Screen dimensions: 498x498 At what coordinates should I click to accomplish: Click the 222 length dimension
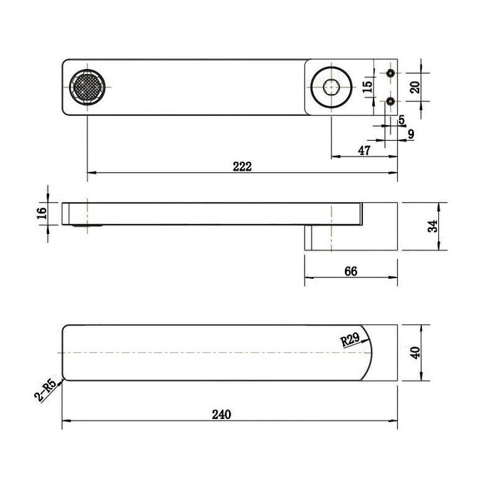(x=242, y=166)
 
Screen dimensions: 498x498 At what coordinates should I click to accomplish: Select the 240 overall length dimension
(x=221, y=415)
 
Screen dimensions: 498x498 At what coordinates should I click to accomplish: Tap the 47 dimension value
(x=364, y=151)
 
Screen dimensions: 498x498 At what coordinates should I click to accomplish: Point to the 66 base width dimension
(x=351, y=271)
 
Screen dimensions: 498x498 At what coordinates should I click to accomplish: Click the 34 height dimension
(x=433, y=226)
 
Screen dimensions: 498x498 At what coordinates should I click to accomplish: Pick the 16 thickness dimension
(x=41, y=213)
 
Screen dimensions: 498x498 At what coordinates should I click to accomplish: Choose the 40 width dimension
(x=415, y=353)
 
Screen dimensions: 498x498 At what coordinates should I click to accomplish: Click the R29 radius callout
(x=350, y=339)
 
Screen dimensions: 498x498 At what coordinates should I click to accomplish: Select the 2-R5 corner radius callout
(x=45, y=391)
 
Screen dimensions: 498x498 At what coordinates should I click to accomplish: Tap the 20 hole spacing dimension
(x=415, y=87)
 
